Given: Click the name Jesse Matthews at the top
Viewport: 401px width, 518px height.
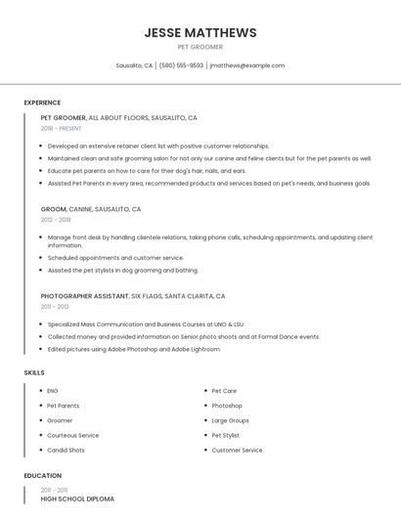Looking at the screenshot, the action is tap(200, 32).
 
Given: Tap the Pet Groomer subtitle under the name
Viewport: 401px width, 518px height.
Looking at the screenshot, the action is tap(200, 47).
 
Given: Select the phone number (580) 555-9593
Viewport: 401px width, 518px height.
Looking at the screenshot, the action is tap(181, 65).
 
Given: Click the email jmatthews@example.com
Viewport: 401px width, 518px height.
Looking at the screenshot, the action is tap(247, 65).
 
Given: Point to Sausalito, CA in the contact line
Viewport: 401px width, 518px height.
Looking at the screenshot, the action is tap(134, 65).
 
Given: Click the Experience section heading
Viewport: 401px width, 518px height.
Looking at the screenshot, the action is tap(42, 103).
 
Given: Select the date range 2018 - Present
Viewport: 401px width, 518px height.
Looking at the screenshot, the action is tap(62, 128).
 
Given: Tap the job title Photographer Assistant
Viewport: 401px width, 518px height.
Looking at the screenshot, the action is tap(84, 296).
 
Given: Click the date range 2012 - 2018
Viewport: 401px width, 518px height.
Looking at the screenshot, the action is tap(56, 220).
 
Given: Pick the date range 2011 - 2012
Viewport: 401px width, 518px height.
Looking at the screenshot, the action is tap(55, 307).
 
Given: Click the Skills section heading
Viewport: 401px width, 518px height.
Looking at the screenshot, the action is tap(34, 372).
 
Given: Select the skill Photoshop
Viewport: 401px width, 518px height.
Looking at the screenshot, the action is tap(227, 406).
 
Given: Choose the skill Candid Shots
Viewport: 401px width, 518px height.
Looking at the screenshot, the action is tap(66, 451).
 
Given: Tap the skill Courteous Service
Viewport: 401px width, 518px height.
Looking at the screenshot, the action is tap(72, 436).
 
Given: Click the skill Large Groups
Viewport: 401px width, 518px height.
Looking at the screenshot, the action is tap(230, 420).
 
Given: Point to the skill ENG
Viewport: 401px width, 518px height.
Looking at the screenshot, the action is tap(53, 391).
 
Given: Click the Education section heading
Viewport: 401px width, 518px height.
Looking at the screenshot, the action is tap(42, 476).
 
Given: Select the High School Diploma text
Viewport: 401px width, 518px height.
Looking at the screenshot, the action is tap(77, 499).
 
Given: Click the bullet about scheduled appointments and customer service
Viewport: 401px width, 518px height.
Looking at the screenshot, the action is tap(115, 258).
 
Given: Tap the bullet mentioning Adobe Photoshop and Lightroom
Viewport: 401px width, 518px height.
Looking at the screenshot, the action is tap(134, 349).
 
